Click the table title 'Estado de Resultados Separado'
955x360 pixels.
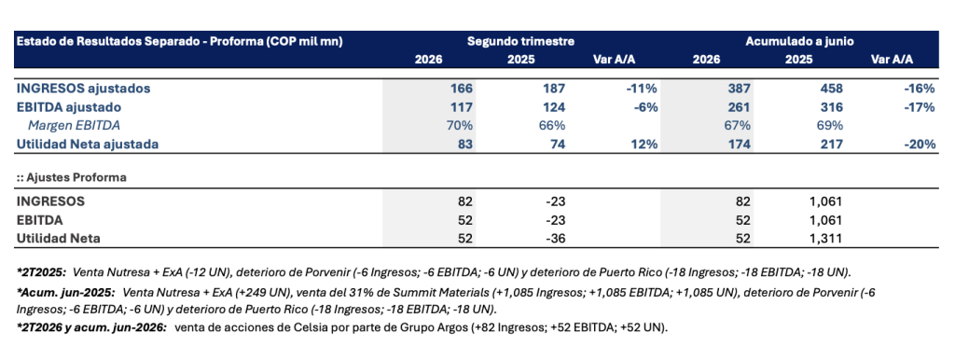pos(101,41)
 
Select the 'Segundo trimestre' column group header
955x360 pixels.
pos(520,41)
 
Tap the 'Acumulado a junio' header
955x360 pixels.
pos(799,41)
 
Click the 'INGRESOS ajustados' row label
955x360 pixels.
pos(83,89)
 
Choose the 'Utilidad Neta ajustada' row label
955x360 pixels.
pos(88,145)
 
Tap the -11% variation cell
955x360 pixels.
pos(644,89)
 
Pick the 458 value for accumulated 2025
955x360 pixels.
pos(832,89)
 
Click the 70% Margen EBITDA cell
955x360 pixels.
pos(461,126)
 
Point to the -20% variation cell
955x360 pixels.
pos(919,145)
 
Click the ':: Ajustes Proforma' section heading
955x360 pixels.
pos(62,178)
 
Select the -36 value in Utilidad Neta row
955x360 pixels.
pos(556,238)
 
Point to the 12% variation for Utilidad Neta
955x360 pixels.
pos(647,145)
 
